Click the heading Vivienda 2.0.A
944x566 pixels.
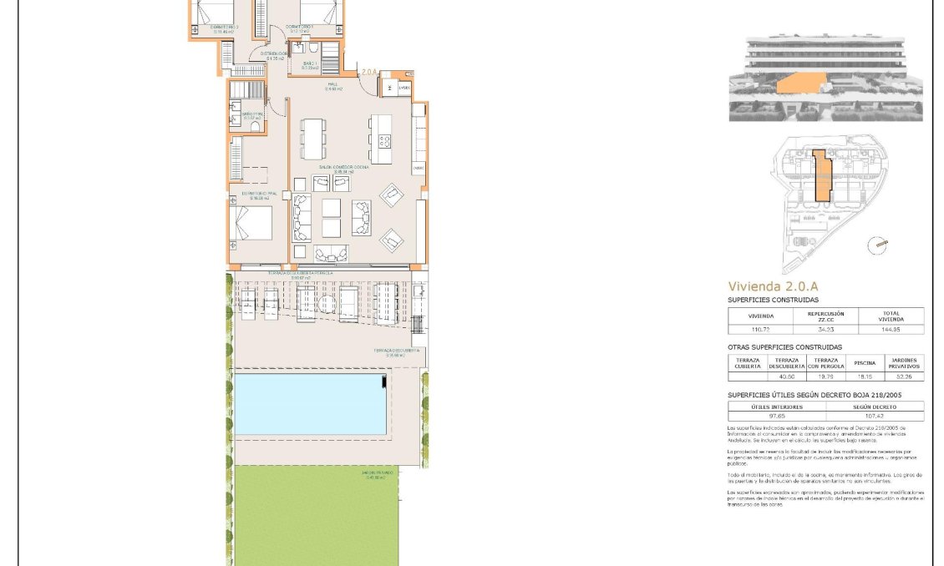point(773,286)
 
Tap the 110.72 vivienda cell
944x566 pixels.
point(760,330)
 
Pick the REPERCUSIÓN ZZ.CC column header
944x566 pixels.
point(825,316)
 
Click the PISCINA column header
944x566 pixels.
point(865,363)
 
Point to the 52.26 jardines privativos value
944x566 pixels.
point(904,376)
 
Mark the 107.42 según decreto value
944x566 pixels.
point(875,416)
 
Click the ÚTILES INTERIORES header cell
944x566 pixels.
point(777,407)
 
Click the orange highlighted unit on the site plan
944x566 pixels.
point(822,176)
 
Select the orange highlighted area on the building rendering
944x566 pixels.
point(800,83)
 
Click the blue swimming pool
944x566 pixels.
point(310,404)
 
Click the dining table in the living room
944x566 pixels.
point(313,139)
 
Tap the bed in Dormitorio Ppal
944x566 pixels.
point(252,223)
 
